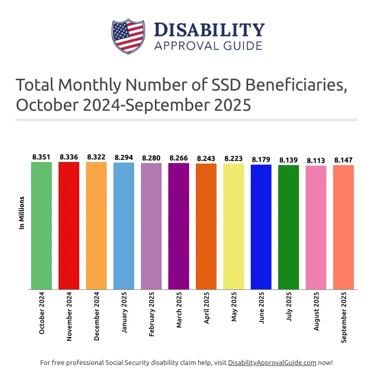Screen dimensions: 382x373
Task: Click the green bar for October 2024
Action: tap(41, 226)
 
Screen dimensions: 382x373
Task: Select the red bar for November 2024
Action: tap(69, 226)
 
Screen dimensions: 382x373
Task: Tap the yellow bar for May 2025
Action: tap(234, 226)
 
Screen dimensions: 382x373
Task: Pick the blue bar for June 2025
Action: tap(261, 227)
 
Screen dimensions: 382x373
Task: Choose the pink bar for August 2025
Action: tap(316, 227)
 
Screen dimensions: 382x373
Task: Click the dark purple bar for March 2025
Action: tap(179, 226)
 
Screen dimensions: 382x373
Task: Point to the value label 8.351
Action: tap(41, 157)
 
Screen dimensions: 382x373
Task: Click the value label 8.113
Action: tap(316, 160)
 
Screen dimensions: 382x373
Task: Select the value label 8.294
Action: tap(124, 157)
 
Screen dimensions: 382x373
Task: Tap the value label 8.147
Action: tap(343, 160)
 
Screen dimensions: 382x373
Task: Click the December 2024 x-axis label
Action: tap(97, 316)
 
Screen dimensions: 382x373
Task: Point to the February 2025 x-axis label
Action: tap(152, 315)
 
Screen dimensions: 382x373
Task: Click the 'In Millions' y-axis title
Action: tap(22, 212)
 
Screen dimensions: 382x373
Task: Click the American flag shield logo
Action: tap(127, 36)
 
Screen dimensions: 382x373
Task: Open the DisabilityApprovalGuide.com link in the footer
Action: tap(272, 363)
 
